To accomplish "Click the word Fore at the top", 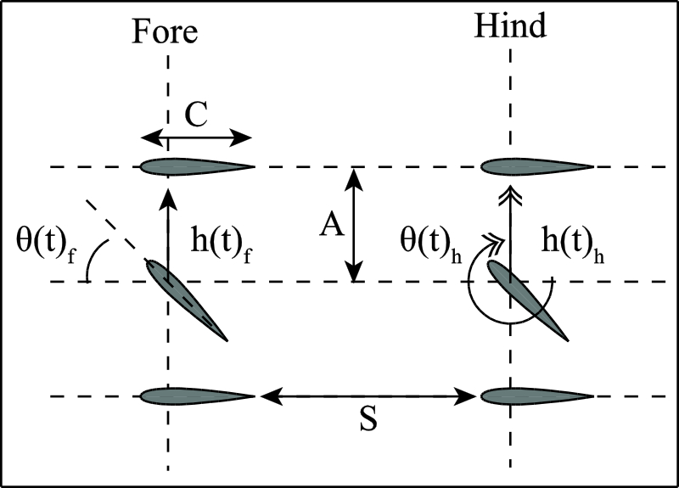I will [165, 31].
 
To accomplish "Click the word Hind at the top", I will [510, 27].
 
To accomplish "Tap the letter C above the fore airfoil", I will [197, 117].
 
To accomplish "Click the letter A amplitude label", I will [330, 226].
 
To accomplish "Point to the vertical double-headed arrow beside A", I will [356, 224].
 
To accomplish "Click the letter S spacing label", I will [367, 421].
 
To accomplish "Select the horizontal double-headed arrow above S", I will [367, 395].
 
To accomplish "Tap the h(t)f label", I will [222, 240].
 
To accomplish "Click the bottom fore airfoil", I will [197, 395].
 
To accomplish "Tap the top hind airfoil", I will [536, 166].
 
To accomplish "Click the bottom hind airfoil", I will [536, 395].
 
